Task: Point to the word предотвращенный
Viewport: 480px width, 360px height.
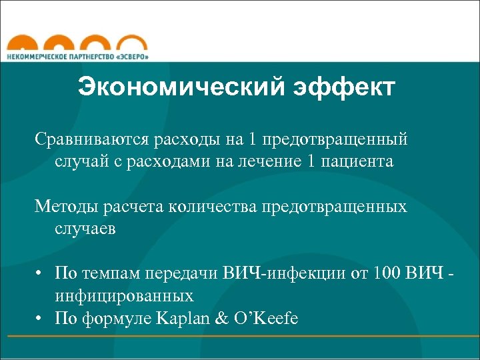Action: (x=335, y=140)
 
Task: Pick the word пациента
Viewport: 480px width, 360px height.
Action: (x=360, y=161)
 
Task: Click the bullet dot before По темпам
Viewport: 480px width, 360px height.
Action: (x=41, y=273)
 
